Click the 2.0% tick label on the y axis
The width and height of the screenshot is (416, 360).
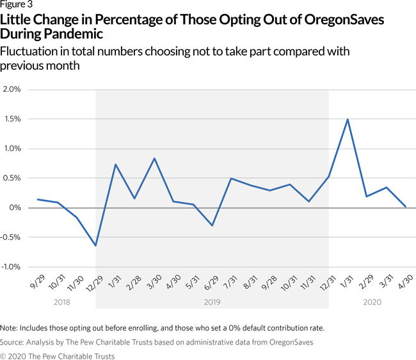click(12, 89)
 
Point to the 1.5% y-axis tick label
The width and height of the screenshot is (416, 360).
click(12, 119)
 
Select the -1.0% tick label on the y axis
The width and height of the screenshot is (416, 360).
click(11, 266)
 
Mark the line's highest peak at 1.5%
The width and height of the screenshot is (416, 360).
click(347, 119)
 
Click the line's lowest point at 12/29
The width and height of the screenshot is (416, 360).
click(95, 245)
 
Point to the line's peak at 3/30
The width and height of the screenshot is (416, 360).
click(154, 158)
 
